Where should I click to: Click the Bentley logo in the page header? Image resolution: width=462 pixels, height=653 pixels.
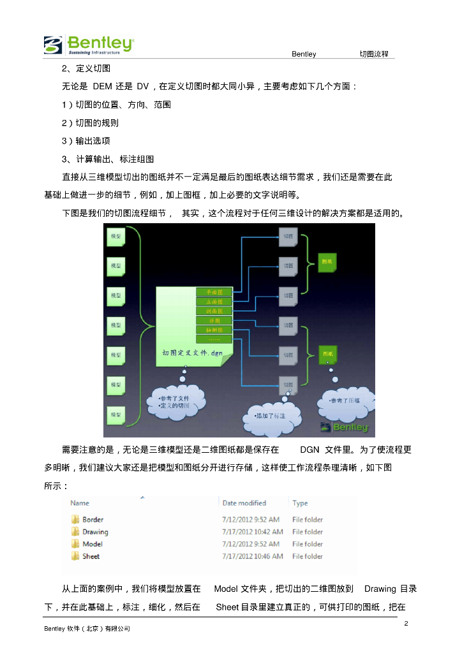click(x=89, y=45)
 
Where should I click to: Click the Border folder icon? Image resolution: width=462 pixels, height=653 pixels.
click(x=75, y=520)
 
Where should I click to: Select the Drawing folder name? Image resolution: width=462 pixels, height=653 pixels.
click(x=95, y=532)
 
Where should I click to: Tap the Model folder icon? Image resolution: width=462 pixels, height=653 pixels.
click(x=75, y=544)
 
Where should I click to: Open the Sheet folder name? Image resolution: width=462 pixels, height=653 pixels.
click(x=91, y=556)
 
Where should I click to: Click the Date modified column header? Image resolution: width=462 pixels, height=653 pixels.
click(x=244, y=503)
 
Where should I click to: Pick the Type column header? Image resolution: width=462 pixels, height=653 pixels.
click(x=300, y=503)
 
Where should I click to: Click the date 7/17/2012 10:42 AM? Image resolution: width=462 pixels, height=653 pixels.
click(x=252, y=532)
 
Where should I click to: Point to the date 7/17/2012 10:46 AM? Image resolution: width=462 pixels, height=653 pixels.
click(x=252, y=556)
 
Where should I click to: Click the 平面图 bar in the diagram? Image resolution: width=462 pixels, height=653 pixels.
click(x=214, y=291)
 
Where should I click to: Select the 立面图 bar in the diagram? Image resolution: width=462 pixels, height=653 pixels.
click(x=214, y=301)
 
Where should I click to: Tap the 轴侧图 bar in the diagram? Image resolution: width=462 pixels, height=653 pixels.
click(x=214, y=330)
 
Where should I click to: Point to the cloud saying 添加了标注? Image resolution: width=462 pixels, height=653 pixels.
click(x=271, y=415)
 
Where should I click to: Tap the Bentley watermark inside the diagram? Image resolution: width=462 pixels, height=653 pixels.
click(x=344, y=427)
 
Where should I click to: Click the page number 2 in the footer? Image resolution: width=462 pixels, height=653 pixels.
click(x=406, y=622)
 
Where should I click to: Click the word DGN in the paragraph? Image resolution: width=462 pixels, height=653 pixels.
click(x=309, y=450)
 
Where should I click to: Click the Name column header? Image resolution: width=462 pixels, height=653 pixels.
click(x=80, y=503)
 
